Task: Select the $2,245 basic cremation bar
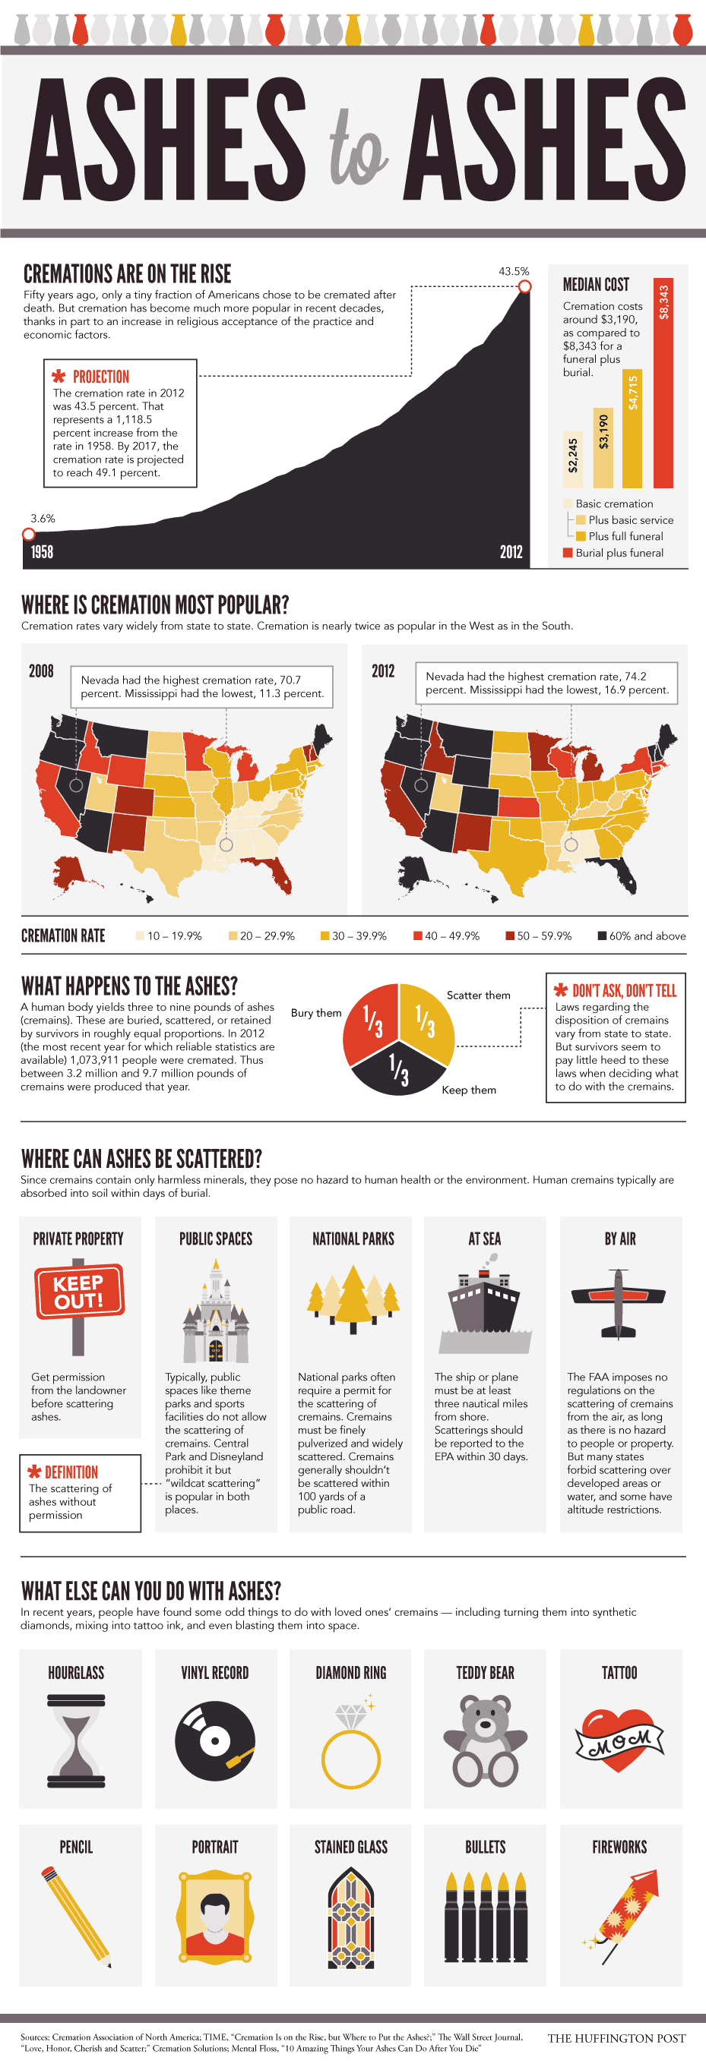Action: [x=571, y=459]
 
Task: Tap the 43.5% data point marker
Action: [x=524, y=286]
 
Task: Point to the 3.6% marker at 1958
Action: [x=29, y=535]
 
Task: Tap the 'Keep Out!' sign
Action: [x=79, y=1292]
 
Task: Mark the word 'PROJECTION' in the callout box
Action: [x=100, y=377]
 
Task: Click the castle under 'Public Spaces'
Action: [x=216, y=1313]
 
